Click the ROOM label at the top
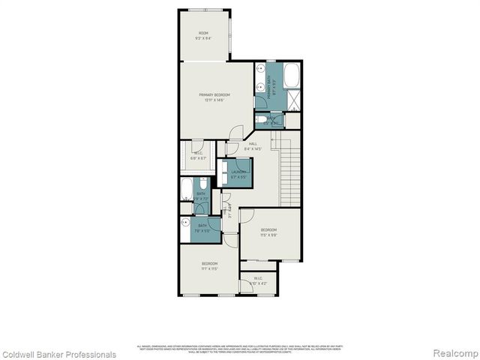(x=203, y=33)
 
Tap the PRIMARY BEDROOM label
(x=214, y=95)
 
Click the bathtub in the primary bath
(x=292, y=74)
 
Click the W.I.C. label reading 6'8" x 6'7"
(x=198, y=157)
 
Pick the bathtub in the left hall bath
(x=187, y=189)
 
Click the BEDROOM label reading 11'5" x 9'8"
(x=269, y=229)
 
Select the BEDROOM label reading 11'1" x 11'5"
(x=209, y=265)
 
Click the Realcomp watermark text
(x=454, y=354)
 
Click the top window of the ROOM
(x=204, y=10)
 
